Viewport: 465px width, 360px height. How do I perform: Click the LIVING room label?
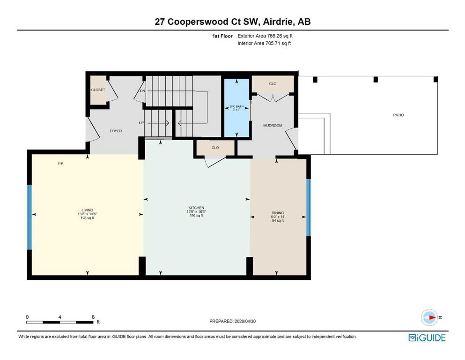pos(88,210)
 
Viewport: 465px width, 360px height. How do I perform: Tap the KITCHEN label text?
pos(196,208)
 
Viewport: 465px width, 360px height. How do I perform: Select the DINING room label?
pos(278,213)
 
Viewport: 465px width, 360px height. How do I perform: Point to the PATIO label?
pos(399,115)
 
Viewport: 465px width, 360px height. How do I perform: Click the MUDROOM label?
pos(273,126)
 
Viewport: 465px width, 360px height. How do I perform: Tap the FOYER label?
pos(116,131)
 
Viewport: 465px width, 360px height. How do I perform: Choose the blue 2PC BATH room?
pos(236,108)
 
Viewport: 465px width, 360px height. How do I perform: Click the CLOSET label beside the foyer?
pos(98,90)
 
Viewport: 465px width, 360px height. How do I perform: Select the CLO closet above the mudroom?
pos(273,84)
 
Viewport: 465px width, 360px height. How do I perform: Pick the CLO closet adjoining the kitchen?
pos(215,148)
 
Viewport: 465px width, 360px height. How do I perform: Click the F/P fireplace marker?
pos(60,164)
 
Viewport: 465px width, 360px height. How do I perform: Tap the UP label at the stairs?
pos(141,123)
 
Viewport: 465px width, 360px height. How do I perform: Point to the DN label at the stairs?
pos(143,91)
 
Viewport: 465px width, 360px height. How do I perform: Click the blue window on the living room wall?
pos(30,217)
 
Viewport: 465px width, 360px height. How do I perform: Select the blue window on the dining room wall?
pos(309,208)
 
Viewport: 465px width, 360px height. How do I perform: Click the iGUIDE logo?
pos(427,338)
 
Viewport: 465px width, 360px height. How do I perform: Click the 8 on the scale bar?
pos(93,317)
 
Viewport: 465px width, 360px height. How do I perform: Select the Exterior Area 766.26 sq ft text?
pos(265,36)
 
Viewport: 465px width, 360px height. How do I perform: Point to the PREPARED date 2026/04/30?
pos(245,321)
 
